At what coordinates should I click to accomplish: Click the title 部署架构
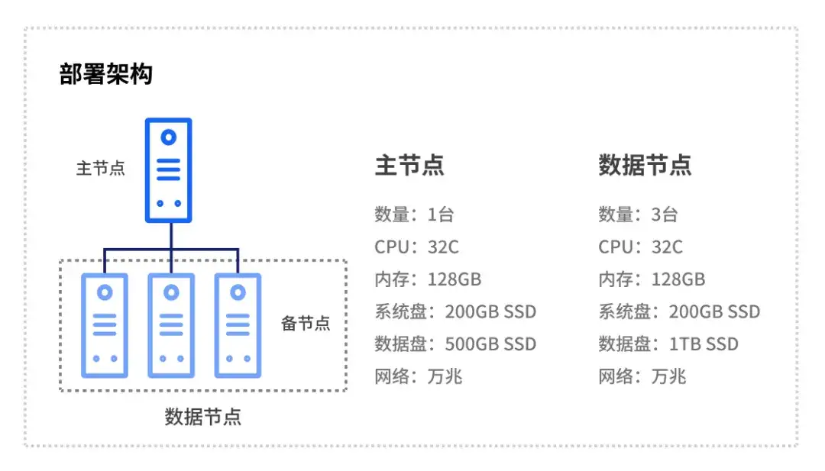click(106, 75)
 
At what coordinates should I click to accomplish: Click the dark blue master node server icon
click(169, 170)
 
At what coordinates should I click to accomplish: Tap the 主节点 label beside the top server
click(100, 168)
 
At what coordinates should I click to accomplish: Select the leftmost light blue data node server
click(105, 325)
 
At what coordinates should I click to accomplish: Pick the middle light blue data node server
click(171, 325)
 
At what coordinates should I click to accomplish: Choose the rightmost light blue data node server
click(238, 325)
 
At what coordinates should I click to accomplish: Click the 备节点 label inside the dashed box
click(306, 323)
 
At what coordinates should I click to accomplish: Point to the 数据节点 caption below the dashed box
click(203, 417)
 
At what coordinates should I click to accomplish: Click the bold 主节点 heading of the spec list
click(409, 166)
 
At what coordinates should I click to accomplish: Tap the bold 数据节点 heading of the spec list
click(645, 166)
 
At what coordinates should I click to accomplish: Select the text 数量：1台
click(414, 215)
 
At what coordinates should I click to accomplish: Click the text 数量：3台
click(638, 215)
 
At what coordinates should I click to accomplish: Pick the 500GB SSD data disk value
click(490, 344)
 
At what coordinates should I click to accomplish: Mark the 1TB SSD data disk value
click(704, 344)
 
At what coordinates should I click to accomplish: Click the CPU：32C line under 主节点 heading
click(416, 247)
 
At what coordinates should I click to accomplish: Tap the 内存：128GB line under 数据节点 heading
click(652, 279)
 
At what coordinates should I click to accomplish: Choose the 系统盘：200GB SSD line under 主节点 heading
click(455, 311)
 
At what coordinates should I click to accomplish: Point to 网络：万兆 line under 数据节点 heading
click(642, 376)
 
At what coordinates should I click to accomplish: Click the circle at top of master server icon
click(169, 137)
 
